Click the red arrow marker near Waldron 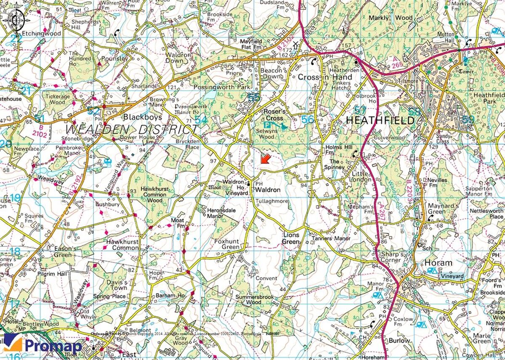(265, 159)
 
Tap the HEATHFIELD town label (380, 120)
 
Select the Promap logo (42, 345)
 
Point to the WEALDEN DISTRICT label (131, 128)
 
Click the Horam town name (438, 263)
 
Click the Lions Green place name (291, 238)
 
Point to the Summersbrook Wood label (254, 299)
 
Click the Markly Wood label (391, 18)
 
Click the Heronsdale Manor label (221, 213)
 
